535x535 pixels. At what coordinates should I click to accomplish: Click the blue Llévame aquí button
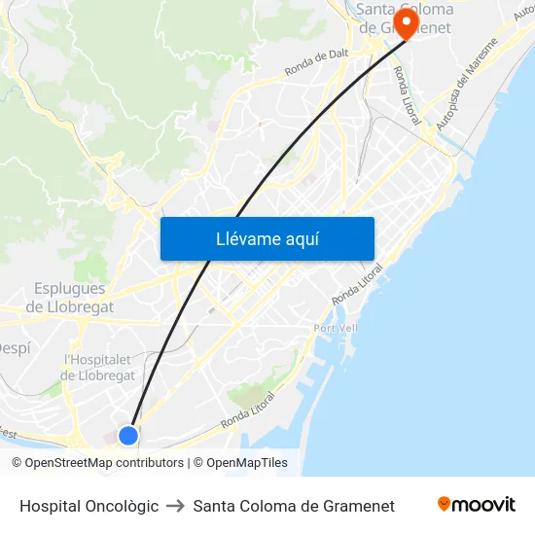[x=267, y=238]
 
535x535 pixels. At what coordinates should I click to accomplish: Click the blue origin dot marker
[x=127, y=435]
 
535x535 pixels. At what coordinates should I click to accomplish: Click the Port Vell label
[x=336, y=328]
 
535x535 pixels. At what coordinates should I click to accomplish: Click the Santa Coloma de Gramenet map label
[x=404, y=18]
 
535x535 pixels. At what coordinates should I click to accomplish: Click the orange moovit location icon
[x=445, y=504]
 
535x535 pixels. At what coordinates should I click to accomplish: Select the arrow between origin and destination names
[x=175, y=506]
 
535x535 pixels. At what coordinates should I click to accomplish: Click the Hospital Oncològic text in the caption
[x=89, y=506]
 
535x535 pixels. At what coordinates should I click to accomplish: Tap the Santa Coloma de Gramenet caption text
[x=294, y=506]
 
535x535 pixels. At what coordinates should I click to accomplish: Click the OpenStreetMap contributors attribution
[x=97, y=463]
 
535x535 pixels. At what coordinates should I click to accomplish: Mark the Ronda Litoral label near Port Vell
[x=357, y=284]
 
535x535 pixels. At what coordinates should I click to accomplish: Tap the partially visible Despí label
[x=14, y=347]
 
